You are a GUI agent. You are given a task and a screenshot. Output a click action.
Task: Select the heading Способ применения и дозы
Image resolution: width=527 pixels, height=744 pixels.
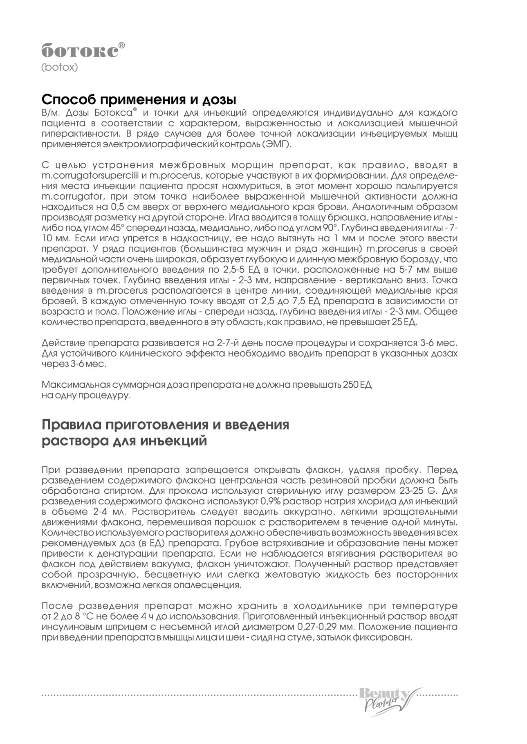[x=139, y=99]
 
